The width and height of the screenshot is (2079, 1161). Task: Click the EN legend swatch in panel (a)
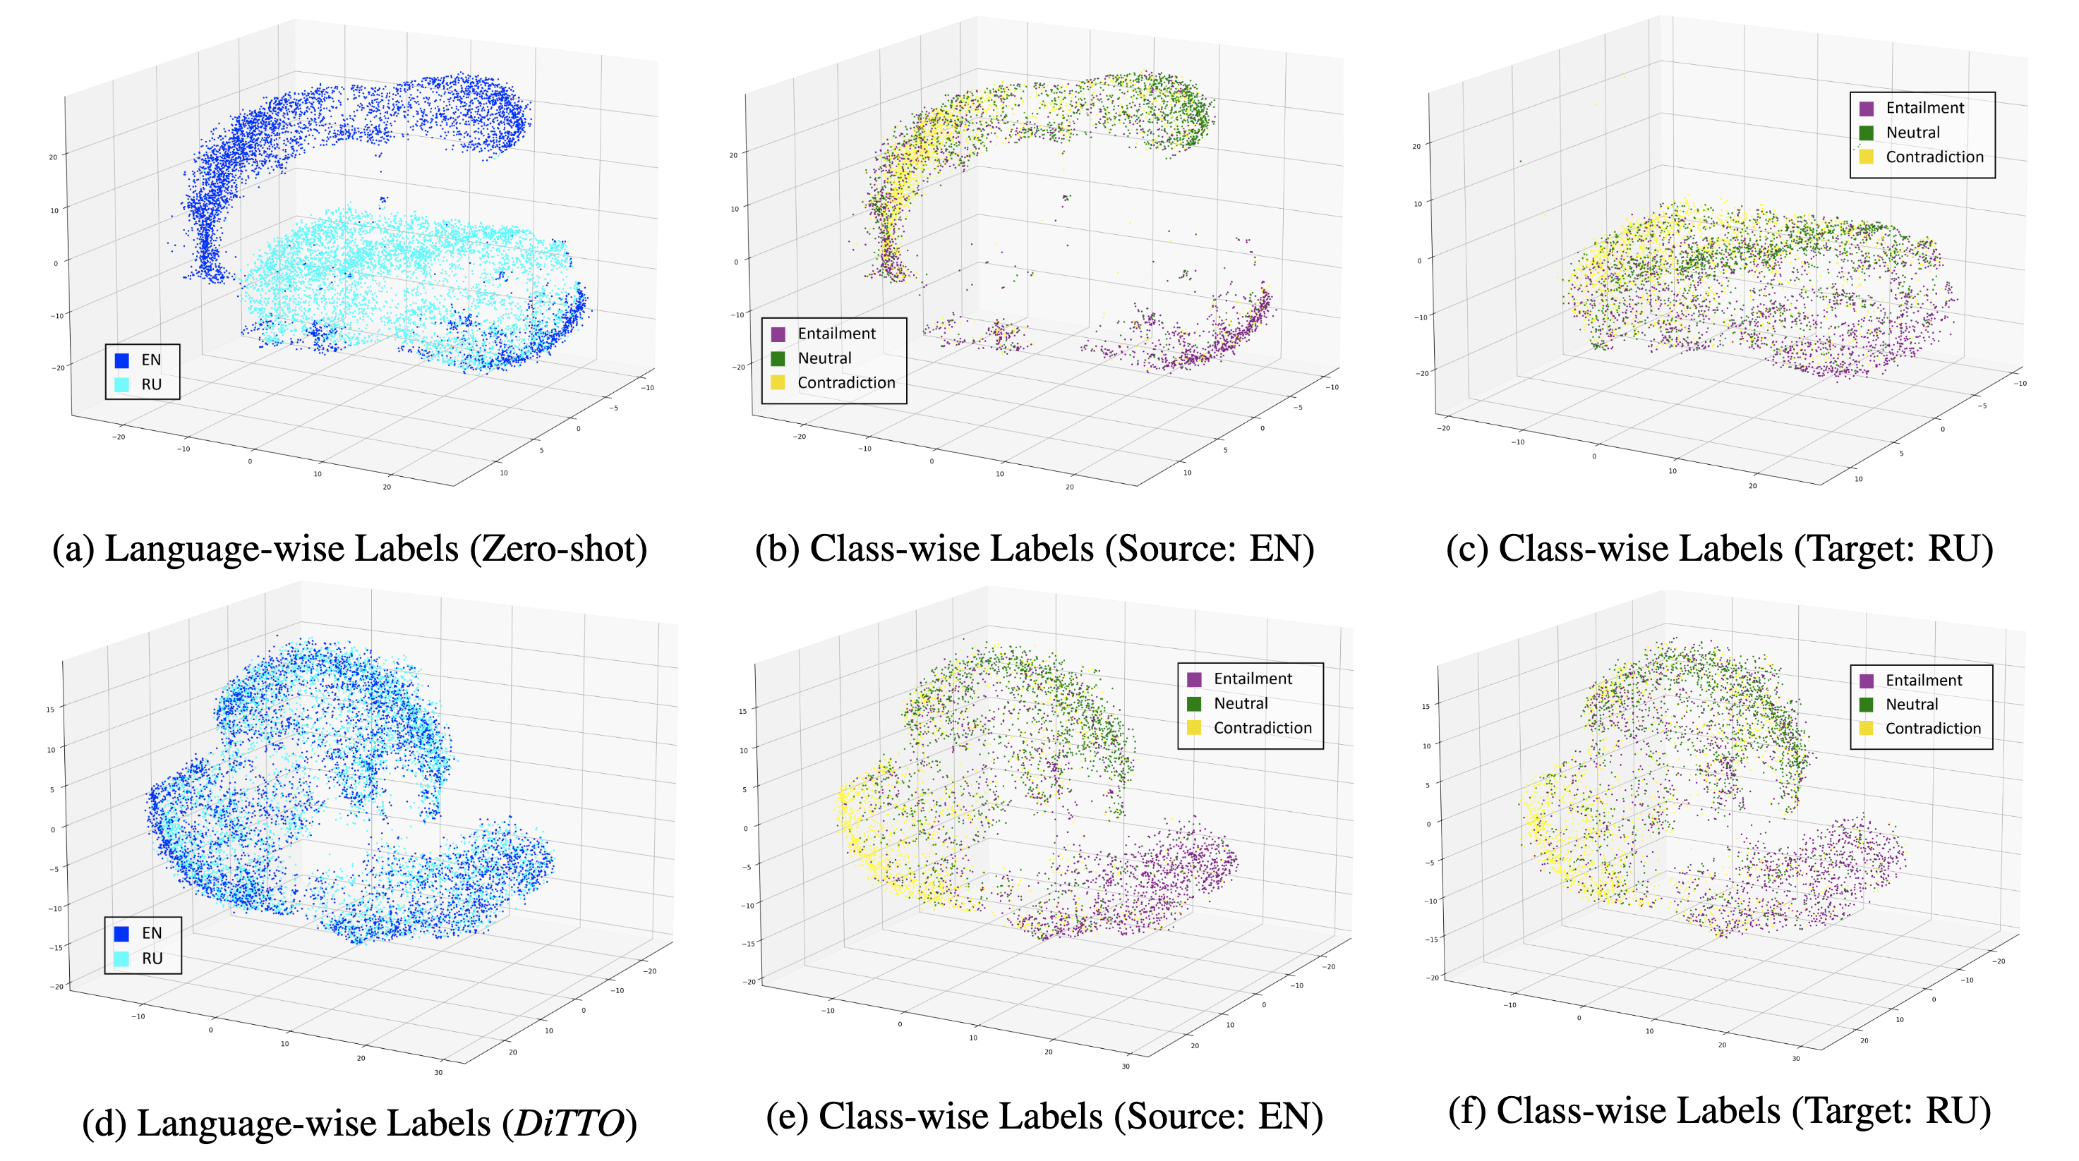[122, 360]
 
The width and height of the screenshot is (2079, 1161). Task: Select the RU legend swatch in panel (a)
[122, 385]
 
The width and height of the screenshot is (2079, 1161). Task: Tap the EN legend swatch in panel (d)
[122, 933]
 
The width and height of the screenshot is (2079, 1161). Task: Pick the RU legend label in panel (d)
[152, 959]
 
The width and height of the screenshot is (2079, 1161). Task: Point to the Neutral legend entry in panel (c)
[1912, 133]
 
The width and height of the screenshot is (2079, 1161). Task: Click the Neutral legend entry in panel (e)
[1241, 703]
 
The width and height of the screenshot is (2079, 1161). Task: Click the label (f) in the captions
[1467, 1111]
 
